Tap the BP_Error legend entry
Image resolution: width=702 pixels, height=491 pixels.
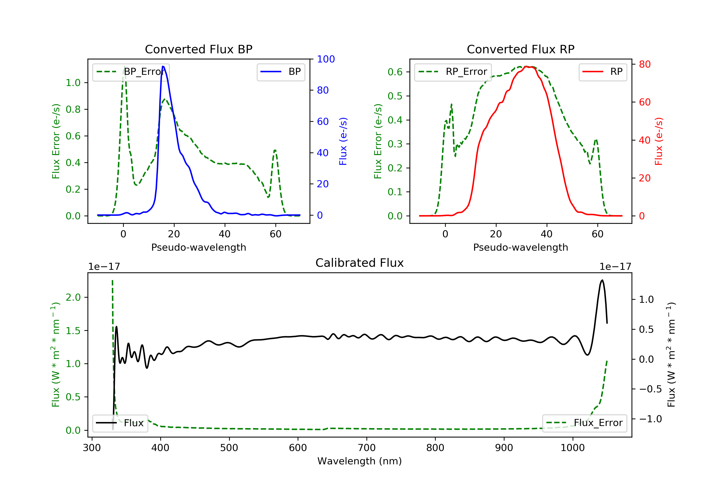click(x=131, y=72)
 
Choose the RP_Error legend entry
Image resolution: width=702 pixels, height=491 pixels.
click(x=453, y=72)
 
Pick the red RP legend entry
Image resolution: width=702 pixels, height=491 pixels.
click(x=603, y=72)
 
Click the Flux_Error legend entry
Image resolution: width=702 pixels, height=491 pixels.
click(x=584, y=423)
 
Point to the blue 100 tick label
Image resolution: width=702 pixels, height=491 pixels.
click(x=326, y=59)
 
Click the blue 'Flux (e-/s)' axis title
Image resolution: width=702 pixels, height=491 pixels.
click(x=343, y=141)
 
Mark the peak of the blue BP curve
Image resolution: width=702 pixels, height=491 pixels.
click(x=163, y=66)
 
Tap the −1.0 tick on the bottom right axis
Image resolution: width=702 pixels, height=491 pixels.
click(x=650, y=419)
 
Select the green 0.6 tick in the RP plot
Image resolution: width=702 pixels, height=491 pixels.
click(x=395, y=72)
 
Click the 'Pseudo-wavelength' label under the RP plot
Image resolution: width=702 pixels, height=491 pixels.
click(x=520, y=247)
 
